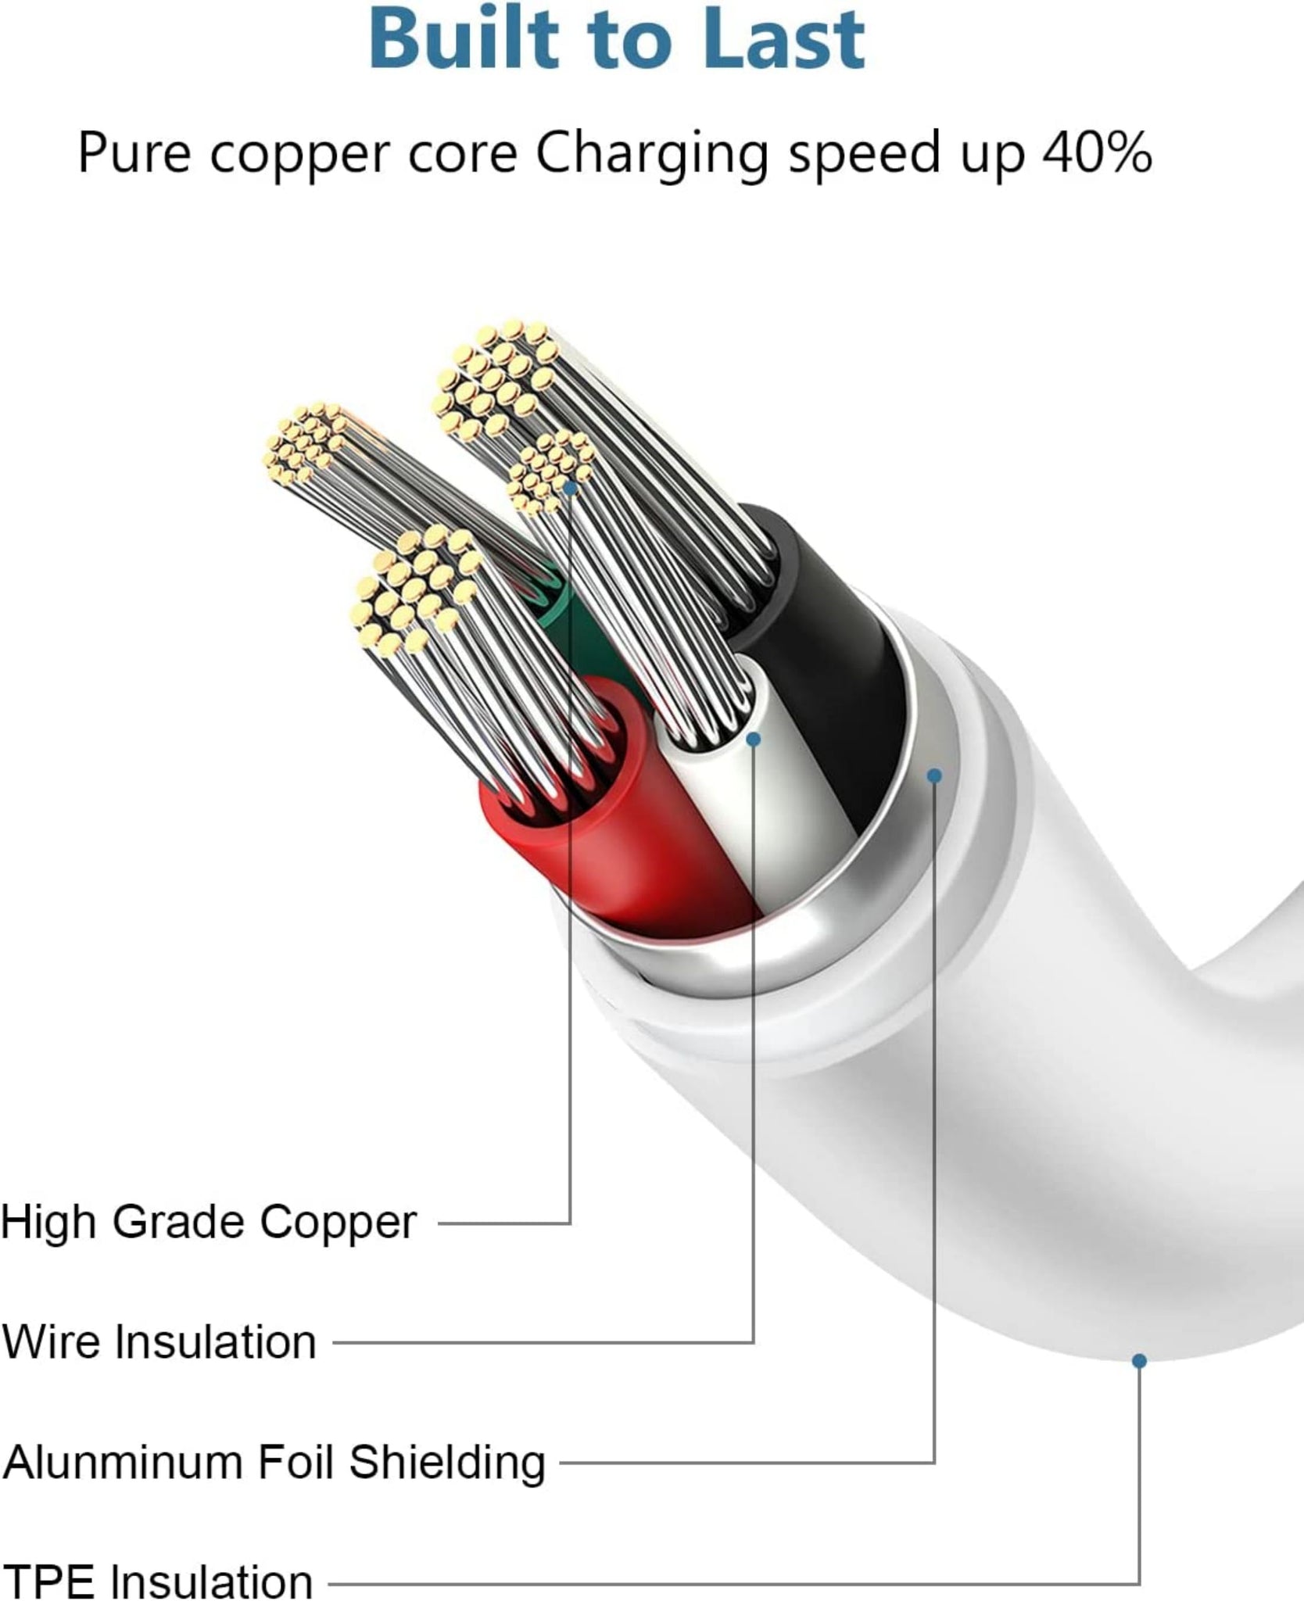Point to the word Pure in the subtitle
pos(134,152)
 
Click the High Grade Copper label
pos(209,1222)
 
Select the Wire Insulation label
pos(159,1342)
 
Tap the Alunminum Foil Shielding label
pos(274,1462)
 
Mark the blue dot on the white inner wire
pos(754,739)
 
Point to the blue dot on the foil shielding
pos(934,775)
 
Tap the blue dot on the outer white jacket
pos(1139,1361)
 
